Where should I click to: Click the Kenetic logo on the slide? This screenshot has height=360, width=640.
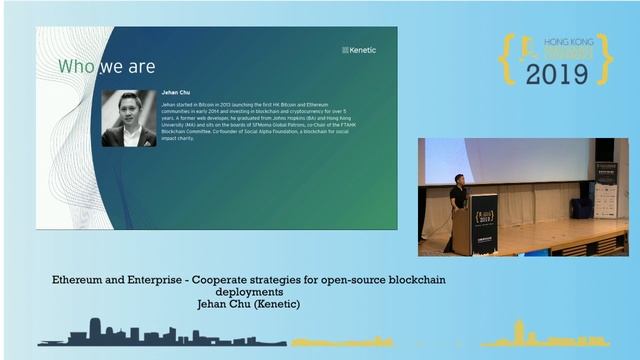[360, 49]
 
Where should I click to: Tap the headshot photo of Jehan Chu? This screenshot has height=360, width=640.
[129, 118]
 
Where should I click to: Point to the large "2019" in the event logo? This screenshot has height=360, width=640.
[558, 73]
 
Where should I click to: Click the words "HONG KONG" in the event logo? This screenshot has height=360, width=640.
[567, 44]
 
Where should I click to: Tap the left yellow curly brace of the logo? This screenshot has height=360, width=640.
[508, 59]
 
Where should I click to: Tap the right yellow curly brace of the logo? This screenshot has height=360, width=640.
[605, 59]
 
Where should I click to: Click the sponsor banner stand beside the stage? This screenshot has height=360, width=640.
[606, 190]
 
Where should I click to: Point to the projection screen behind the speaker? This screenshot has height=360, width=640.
[500, 160]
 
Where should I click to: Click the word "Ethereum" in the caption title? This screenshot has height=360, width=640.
[82, 279]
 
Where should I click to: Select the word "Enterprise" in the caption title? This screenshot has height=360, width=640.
[168, 279]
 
